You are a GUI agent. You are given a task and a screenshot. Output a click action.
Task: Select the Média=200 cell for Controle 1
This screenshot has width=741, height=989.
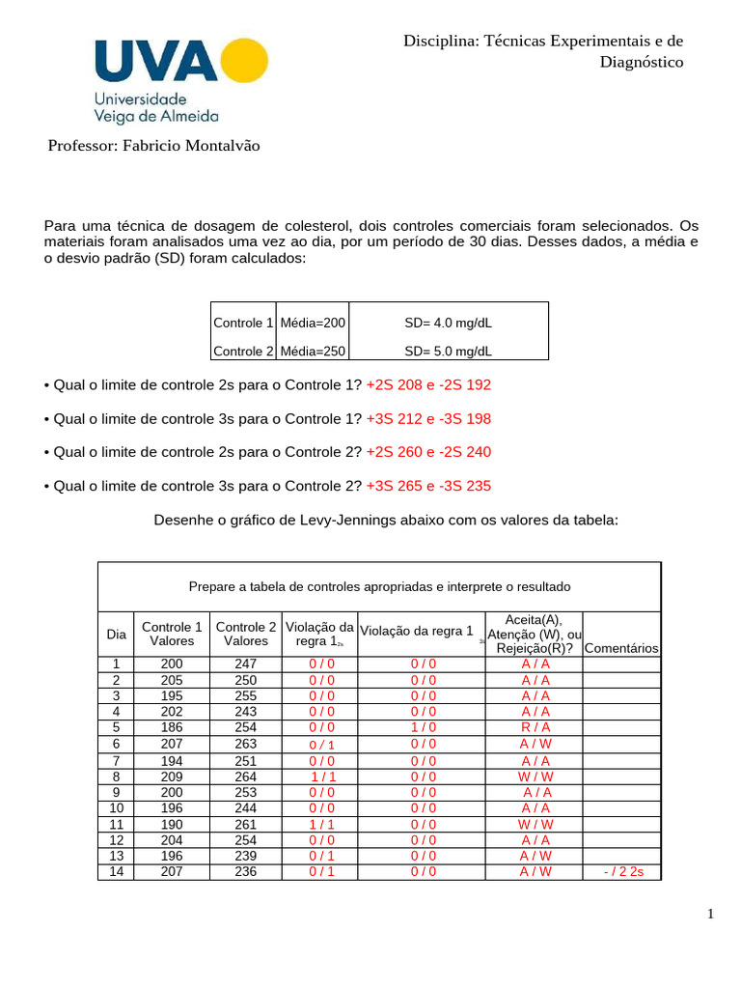[313, 323]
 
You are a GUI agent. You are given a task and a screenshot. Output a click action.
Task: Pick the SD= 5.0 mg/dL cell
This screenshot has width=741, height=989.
[448, 351]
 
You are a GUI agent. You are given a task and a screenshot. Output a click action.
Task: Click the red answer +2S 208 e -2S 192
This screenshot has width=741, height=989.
[428, 384]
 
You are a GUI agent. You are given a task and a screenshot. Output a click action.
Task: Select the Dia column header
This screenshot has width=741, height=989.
[117, 635]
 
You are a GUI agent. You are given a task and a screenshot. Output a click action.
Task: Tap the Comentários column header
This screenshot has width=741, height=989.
[621, 649]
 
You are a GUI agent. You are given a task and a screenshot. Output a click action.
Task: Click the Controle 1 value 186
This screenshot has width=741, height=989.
[172, 727]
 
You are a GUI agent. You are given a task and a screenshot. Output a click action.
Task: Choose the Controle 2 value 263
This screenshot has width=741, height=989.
[246, 744]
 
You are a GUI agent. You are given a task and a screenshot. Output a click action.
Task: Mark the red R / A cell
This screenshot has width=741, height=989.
[535, 727]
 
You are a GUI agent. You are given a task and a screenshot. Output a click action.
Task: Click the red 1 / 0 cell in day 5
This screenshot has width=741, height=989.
[423, 727]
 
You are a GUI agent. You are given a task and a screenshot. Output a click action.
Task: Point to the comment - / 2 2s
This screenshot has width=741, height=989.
[622, 872]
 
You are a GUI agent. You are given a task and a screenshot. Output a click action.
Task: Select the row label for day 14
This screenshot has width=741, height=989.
[117, 872]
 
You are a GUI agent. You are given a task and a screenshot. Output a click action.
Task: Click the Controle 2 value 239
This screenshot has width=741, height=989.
[246, 856]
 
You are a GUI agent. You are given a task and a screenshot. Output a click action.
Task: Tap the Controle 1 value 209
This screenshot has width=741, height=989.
[172, 776]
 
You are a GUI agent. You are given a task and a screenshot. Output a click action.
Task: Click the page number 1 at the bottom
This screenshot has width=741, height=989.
[709, 916]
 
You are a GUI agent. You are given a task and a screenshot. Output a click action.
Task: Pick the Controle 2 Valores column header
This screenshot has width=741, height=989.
[246, 634]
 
